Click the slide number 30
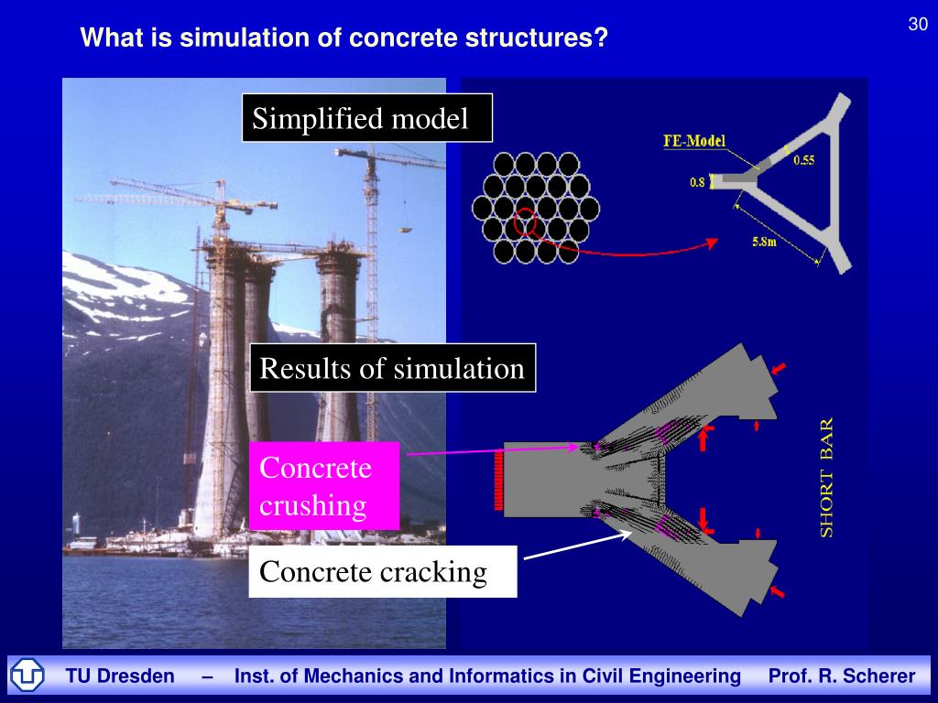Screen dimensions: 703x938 (x=918, y=25)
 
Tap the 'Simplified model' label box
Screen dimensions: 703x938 (x=366, y=118)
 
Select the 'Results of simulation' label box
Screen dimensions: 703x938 (x=392, y=368)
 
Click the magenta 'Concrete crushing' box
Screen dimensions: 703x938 (x=324, y=486)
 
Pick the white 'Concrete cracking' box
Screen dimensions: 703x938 (x=383, y=572)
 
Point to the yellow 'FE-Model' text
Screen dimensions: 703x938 (x=694, y=141)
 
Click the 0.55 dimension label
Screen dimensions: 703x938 (x=803, y=160)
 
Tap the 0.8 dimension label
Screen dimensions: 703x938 (x=697, y=182)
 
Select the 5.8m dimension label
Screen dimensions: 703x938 (x=762, y=243)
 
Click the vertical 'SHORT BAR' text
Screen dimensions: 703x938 (x=826, y=478)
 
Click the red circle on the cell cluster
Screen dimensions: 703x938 (x=527, y=222)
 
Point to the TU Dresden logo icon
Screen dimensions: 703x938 (x=27, y=676)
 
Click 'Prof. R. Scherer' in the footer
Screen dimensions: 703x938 (x=842, y=676)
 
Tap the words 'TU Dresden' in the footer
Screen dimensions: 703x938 (x=120, y=676)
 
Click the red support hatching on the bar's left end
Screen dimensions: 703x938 (x=499, y=478)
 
